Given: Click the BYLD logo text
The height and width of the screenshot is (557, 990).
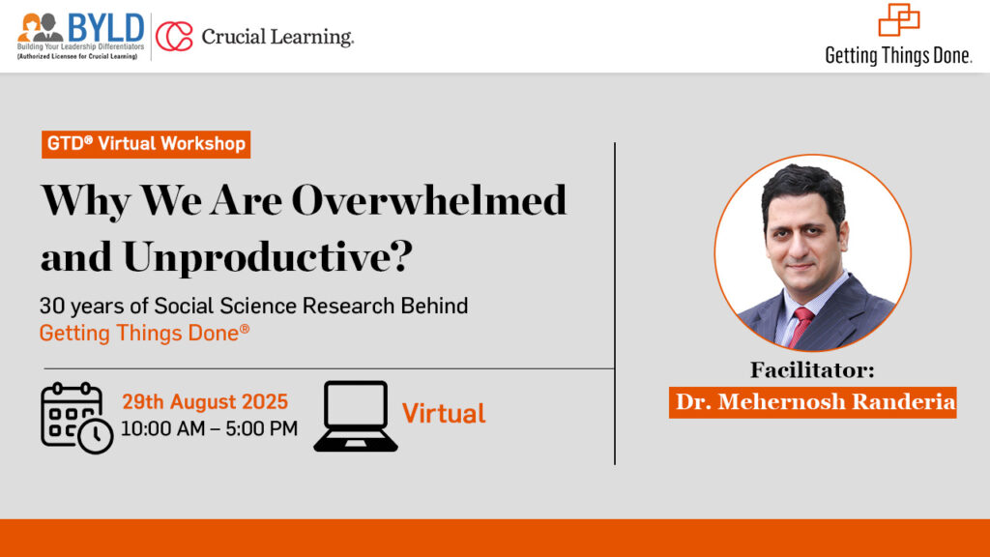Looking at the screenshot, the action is tap(106, 28).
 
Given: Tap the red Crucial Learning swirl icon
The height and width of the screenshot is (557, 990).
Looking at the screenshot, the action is tap(174, 36).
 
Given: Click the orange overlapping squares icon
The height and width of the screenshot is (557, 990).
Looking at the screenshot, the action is tap(898, 19).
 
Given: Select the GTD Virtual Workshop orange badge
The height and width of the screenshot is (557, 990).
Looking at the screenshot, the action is tap(146, 144).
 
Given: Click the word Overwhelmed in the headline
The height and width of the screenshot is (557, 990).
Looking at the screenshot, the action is tap(429, 200).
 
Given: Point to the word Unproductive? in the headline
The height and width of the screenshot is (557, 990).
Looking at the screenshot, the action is tap(268, 257).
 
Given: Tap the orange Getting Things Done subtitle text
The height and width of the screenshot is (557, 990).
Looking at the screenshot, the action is tap(145, 333).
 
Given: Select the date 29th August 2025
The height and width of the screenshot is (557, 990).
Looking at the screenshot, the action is tap(205, 401).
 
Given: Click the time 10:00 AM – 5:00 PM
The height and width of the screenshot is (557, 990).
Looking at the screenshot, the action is tap(209, 428).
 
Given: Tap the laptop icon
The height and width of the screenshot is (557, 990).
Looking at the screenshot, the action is tap(356, 416).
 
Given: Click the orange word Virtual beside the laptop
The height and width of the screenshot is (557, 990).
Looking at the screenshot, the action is tap(444, 414).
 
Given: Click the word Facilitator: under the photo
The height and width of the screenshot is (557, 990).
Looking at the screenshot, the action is tap(812, 370).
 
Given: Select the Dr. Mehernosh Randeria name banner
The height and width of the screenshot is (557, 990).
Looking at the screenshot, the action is tap(812, 402).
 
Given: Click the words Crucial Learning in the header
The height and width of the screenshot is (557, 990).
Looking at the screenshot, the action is tap(277, 38).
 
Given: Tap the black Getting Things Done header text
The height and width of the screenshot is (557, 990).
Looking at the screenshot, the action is tap(898, 55).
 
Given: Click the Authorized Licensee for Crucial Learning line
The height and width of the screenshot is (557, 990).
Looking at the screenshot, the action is tap(77, 56).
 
